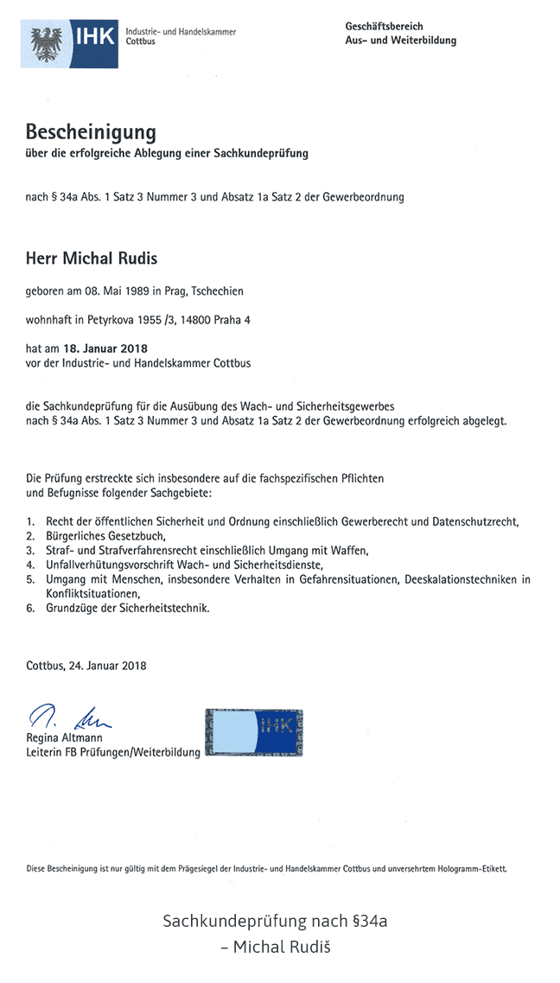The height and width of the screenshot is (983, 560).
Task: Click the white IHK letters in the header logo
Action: click(93, 37)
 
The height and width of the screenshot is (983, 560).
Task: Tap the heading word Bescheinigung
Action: click(91, 132)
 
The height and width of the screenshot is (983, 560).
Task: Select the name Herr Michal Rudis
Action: click(92, 259)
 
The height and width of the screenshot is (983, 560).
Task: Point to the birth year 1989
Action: click(139, 291)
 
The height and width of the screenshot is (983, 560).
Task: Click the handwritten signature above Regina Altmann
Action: click(69, 717)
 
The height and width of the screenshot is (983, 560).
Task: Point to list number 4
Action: click(30, 565)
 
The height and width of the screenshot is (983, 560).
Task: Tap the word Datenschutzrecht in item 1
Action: click(474, 521)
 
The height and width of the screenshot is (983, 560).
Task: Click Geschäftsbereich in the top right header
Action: click(383, 27)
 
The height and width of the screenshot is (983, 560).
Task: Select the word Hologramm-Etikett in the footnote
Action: click(474, 867)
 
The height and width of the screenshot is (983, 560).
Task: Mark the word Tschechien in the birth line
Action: click(217, 291)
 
